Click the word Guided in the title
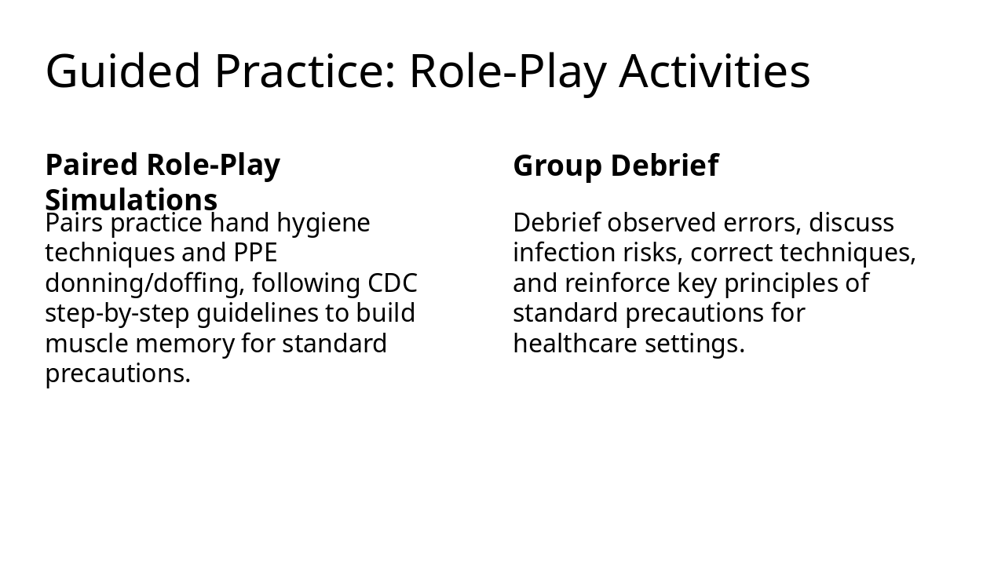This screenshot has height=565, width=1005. click(x=123, y=71)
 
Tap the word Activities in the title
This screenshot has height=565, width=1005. click(x=714, y=71)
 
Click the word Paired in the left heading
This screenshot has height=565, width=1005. click(x=92, y=166)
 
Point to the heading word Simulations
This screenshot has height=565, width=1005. click(x=131, y=200)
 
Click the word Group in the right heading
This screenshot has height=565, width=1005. click(x=557, y=166)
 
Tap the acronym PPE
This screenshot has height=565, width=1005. click(x=255, y=253)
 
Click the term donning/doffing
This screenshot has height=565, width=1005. click(x=144, y=282)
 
